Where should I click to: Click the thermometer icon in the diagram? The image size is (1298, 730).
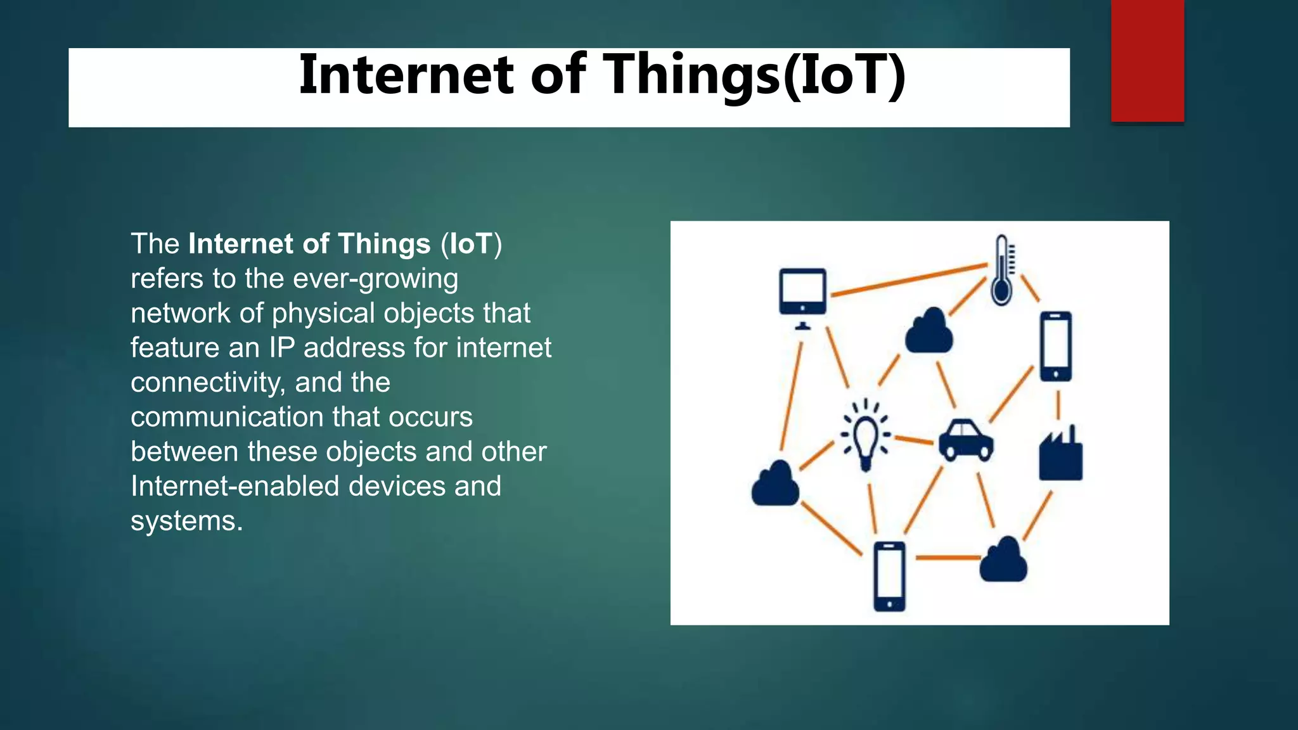(1002, 271)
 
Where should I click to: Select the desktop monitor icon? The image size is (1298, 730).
(802, 295)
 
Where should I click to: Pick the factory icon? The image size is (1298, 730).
(1060, 456)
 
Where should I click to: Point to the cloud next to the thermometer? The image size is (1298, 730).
(929, 331)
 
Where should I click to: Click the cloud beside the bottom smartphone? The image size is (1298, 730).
(1003, 560)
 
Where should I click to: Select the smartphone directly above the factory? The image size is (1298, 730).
(1056, 346)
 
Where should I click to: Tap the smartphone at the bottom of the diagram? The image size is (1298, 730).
(889, 576)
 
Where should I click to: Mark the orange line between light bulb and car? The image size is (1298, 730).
(913, 439)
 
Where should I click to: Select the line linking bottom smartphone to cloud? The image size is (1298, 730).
(948, 558)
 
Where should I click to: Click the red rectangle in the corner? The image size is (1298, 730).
(1147, 61)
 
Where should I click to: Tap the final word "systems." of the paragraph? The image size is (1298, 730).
(187, 521)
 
